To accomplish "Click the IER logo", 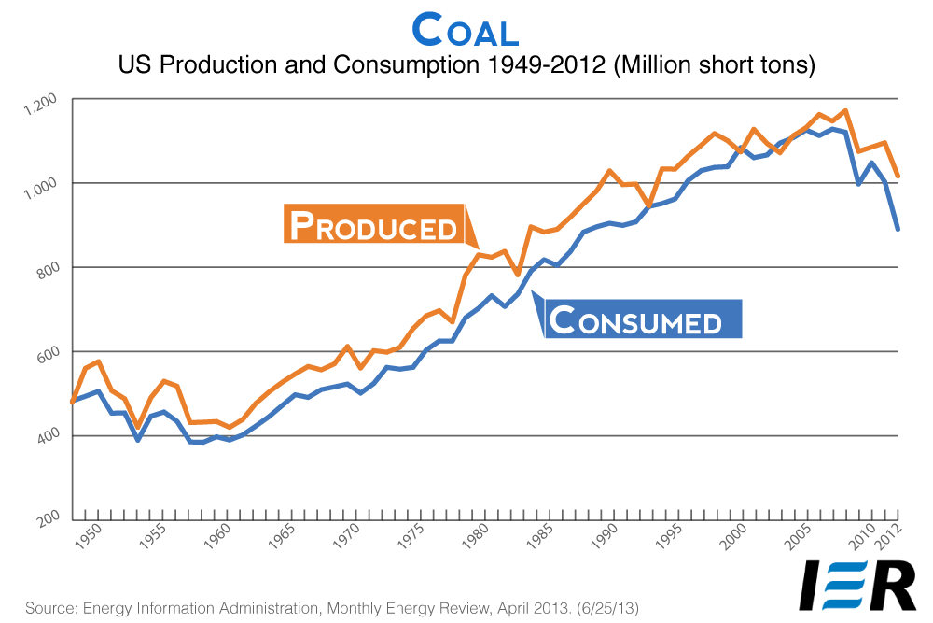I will coord(858,585).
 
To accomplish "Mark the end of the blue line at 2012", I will coord(898,229).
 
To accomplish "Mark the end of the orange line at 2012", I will coord(898,176).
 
